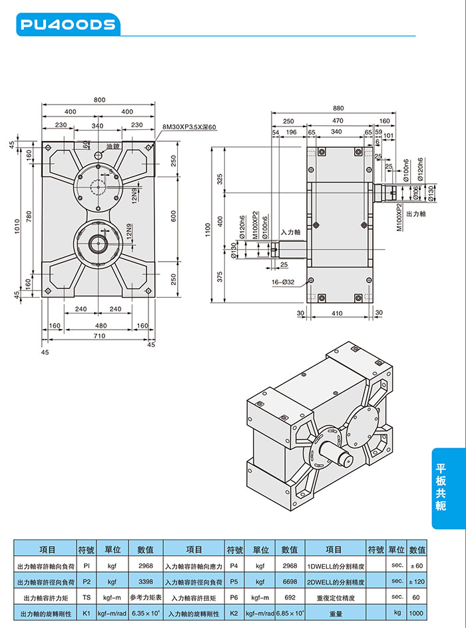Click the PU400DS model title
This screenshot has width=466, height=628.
tap(68, 25)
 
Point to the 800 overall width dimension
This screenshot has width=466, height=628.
tap(99, 100)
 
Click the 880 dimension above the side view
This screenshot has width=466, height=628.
tap(338, 108)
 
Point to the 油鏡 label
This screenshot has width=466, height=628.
tap(113, 146)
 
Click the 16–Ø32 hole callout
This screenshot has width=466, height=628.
tap(283, 283)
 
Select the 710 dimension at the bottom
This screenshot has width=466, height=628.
tap(99, 336)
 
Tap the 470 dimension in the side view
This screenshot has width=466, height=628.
tap(338, 121)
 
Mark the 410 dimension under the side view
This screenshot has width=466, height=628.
tap(337, 313)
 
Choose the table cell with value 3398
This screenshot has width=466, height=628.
tap(145, 581)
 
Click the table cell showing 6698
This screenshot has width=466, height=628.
tap(290, 581)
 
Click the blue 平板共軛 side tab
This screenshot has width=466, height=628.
tap(441, 487)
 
